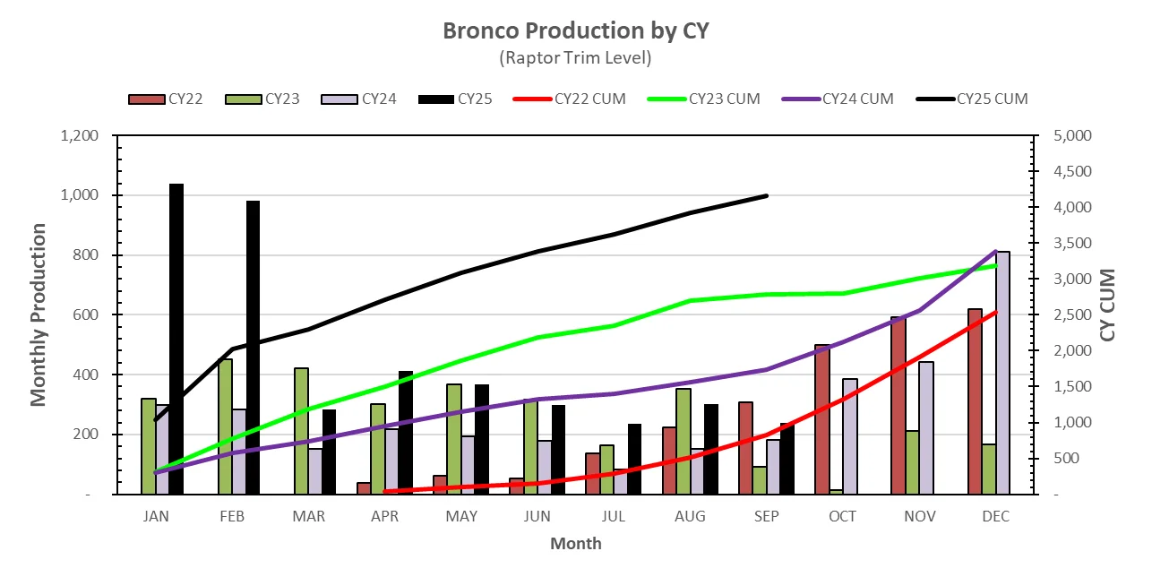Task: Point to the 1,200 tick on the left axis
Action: point(83,136)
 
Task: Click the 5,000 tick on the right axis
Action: point(1066,136)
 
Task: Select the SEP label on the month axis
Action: point(767,516)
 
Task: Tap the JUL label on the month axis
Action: point(614,516)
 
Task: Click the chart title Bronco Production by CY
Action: point(576,30)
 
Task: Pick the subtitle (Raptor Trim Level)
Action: point(576,57)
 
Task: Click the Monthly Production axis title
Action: point(39,314)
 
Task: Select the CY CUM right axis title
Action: point(1108,305)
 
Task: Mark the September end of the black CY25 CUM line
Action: point(767,195)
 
